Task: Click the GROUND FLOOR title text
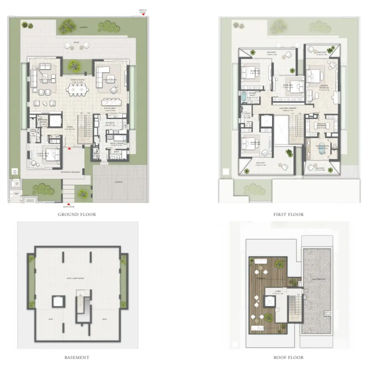(77, 215)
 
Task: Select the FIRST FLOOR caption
(288, 215)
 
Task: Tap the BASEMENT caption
(77, 357)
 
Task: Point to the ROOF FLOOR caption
(288, 357)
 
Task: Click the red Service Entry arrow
(143, 14)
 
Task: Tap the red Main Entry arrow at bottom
(69, 204)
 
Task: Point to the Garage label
(119, 182)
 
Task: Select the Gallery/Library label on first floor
(288, 108)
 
